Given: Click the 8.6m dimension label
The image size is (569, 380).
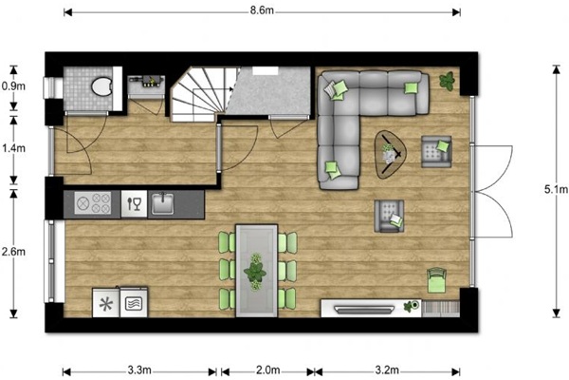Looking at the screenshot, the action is tap(262, 10).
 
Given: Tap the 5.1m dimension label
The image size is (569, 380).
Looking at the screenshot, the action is tap(556, 189).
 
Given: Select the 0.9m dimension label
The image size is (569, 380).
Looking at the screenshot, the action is tap(13, 86).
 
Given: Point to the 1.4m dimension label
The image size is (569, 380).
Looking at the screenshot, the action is tap(13, 148).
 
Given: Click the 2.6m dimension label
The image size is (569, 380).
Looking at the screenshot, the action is tap(13, 251).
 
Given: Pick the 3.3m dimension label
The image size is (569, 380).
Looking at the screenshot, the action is tap(139, 370).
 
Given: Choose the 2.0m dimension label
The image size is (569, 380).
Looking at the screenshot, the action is tap(268, 370).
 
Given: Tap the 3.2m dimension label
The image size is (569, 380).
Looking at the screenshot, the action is tap(387, 370).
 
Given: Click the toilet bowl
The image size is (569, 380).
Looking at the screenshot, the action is tap(101, 86).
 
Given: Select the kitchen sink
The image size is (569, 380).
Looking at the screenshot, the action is tap(162, 203).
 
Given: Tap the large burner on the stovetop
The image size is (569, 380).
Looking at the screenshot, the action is tap(82, 202).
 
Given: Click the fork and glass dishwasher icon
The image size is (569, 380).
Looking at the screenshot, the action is tap(134, 204).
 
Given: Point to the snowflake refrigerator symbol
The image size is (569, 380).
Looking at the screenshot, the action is tap(106, 304).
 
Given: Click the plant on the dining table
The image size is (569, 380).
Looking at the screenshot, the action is tap(255, 272).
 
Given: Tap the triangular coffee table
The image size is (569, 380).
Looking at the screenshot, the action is tap(390, 155).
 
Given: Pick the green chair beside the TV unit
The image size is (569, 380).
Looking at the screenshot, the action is tap(436, 280).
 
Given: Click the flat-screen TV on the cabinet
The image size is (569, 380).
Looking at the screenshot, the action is tap(364, 309).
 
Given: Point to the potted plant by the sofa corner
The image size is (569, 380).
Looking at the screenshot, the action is tap(447, 81).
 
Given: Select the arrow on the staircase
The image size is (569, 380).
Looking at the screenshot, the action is tap(212, 88).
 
